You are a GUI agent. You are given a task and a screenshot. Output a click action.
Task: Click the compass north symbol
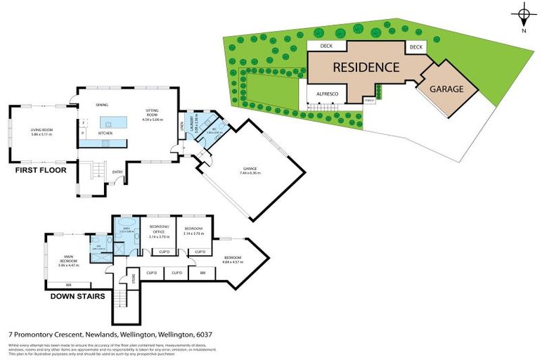click(x=523, y=15)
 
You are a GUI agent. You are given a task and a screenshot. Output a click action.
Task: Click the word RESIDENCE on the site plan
click(x=366, y=67)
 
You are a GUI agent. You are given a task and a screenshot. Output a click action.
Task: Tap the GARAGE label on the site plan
click(x=446, y=89)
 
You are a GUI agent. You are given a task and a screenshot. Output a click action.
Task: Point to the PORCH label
click(x=369, y=101)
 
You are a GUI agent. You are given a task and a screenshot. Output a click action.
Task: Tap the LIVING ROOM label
click(x=42, y=131)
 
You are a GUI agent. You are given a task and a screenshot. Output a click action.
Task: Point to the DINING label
click(x=103, y=105)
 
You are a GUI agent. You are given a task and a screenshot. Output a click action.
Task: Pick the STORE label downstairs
click(x=132, y=279)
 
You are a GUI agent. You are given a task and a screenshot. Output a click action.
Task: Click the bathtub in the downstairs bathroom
click(x=127, y=230)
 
